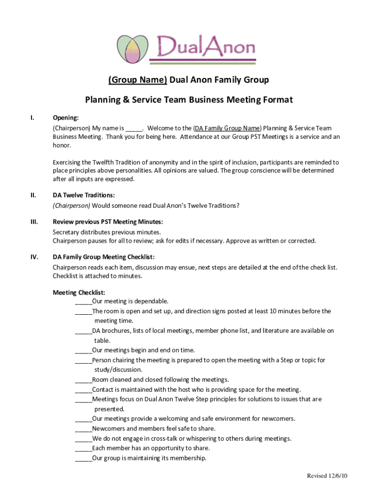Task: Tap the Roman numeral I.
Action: click(32, 118)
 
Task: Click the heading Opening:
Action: click(65, 118)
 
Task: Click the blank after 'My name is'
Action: click(134, 128)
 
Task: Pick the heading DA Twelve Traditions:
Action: click(84, 195)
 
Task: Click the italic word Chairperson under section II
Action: click(72, 205)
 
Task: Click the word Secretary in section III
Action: click(65, 232)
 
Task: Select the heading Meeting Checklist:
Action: click(79, 293)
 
